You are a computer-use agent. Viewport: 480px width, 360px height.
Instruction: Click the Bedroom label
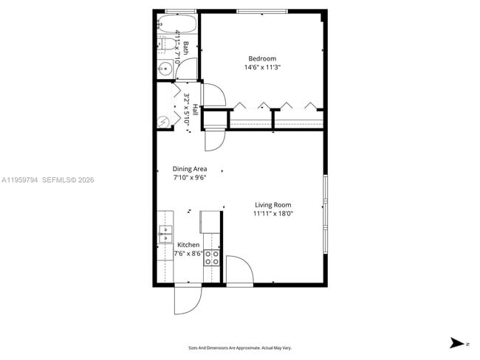tap(262, 59)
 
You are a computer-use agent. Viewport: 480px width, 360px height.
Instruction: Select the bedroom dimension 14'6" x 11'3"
tap(262, 67)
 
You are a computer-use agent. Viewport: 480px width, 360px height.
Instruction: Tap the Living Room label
tap(273, 205)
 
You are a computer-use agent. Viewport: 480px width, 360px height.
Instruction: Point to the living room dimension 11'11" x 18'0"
tap(273, 214)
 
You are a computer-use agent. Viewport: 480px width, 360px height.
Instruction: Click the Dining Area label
tap(190, 169)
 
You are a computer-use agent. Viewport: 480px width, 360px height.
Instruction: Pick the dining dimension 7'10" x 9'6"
tap(190, 177)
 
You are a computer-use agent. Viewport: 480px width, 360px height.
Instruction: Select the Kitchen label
tap(188, 245)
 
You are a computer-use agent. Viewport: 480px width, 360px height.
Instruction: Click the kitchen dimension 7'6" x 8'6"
tap(188, 254)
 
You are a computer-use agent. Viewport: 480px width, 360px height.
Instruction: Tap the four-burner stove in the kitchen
tap(212, 257)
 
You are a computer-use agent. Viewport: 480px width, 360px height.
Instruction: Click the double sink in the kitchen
tap(164, 234)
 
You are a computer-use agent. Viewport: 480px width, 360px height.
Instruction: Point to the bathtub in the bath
tap(177, 23)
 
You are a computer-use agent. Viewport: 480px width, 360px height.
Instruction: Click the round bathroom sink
tap(165, 69)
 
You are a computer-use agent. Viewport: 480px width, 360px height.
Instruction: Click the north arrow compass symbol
tap(459, 343)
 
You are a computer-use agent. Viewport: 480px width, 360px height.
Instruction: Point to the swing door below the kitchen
tap(188, 299)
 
